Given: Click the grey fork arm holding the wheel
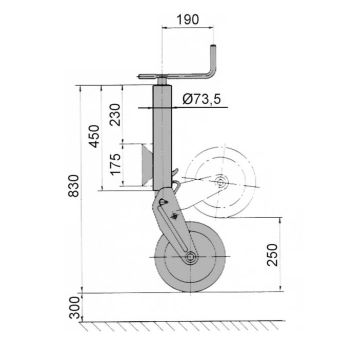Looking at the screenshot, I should click(171, 225).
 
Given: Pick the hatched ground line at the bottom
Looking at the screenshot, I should click(180, 325).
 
